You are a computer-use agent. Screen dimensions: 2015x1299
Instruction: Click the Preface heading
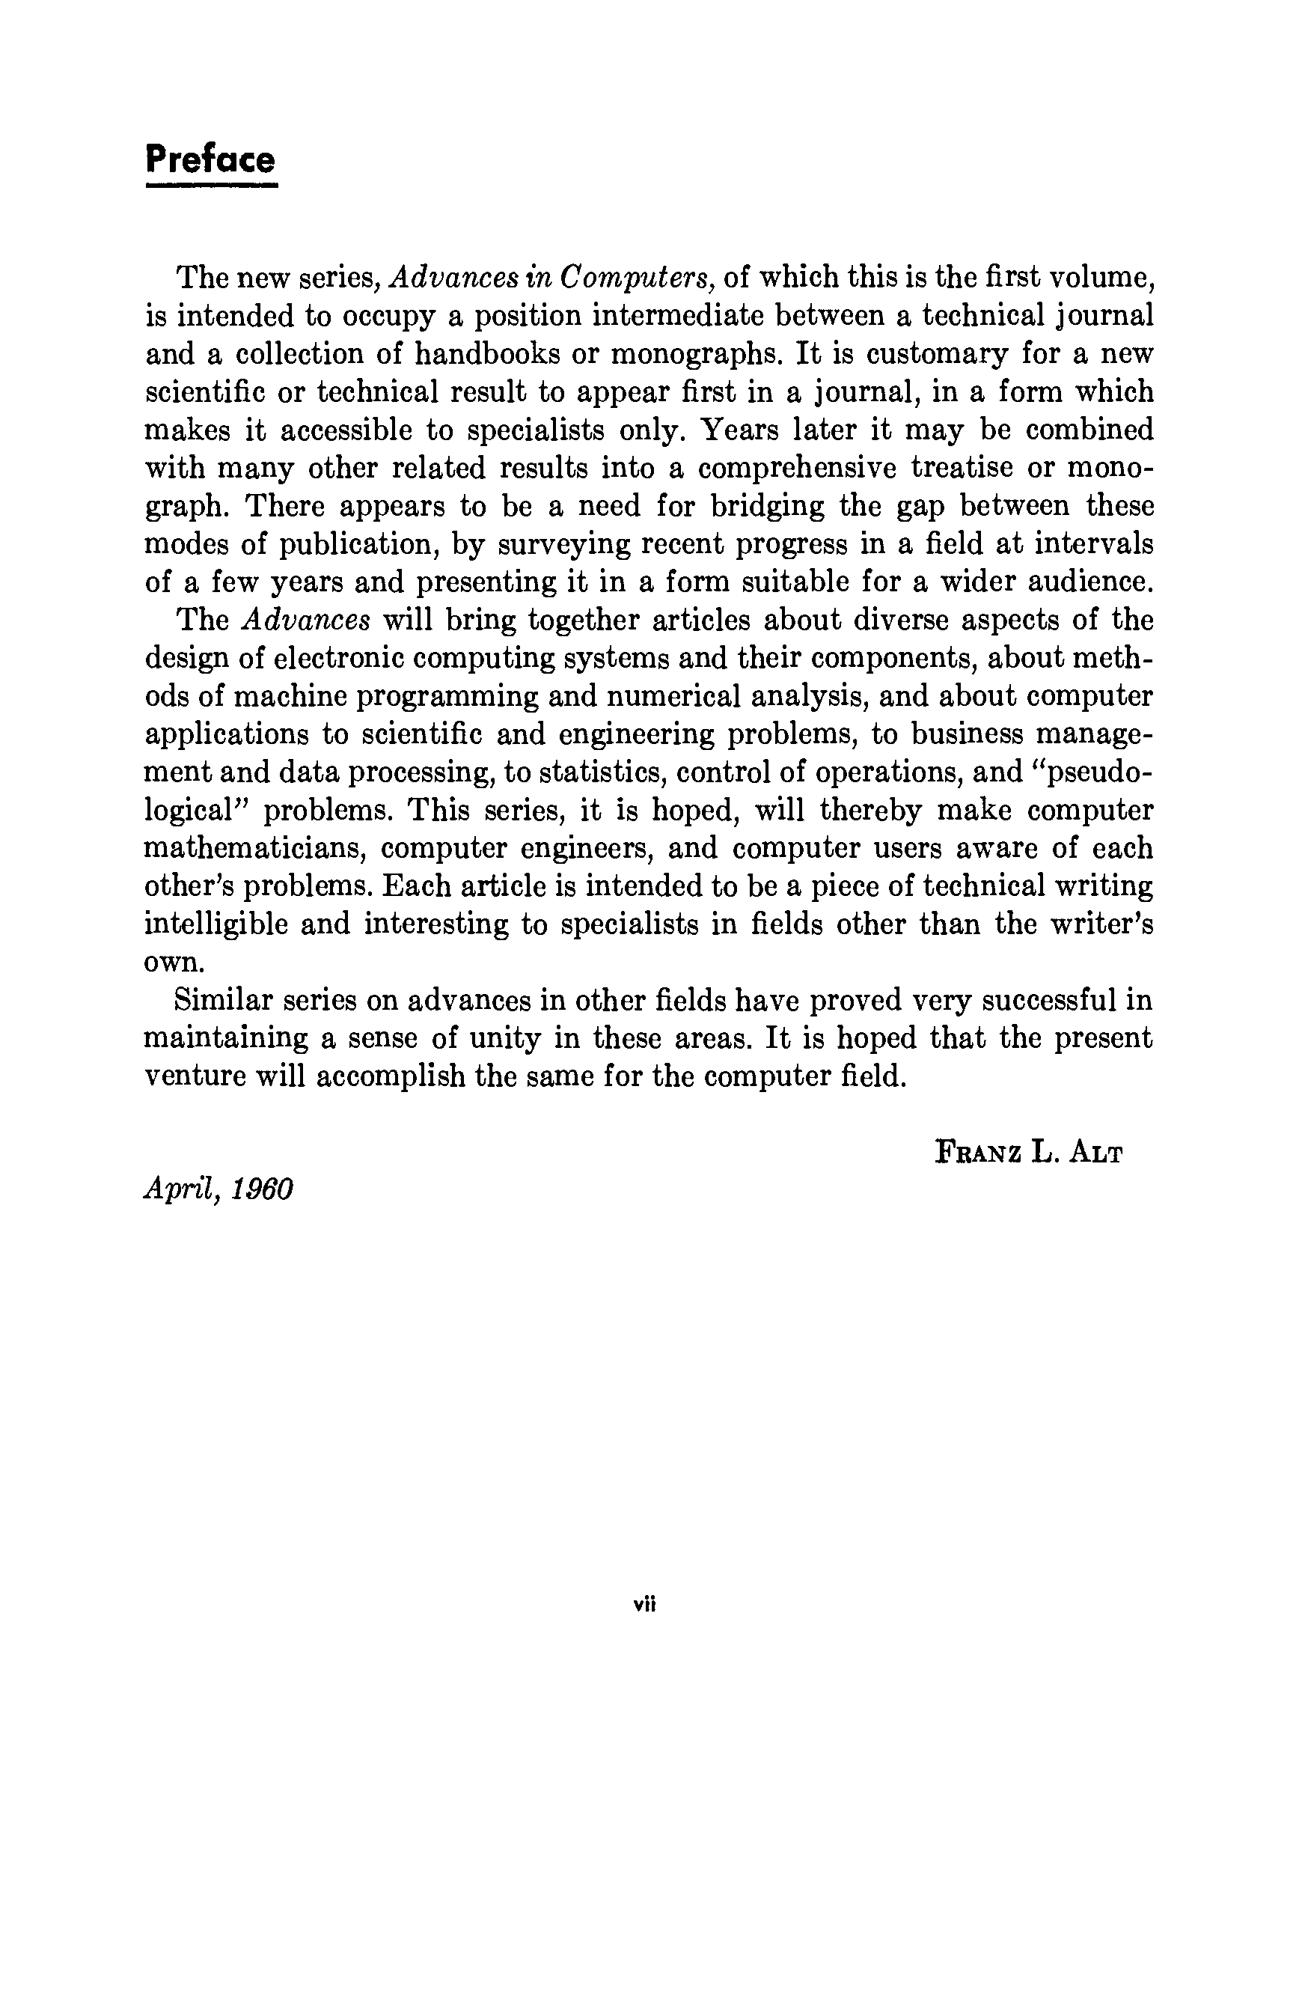[x=210, y=159]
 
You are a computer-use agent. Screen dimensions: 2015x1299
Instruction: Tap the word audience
[x=1081, y=582]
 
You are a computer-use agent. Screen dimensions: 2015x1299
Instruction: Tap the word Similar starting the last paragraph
[x=221, y=1001]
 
